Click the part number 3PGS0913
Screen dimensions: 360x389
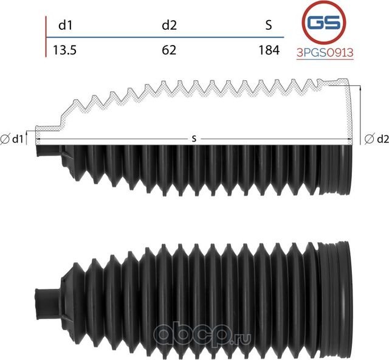(324, 53)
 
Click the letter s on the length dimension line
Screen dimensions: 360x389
(194, 139)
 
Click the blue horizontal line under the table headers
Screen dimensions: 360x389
(164, 38)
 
